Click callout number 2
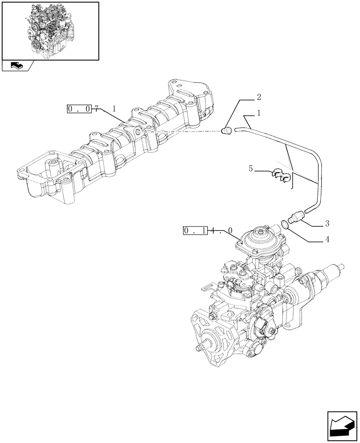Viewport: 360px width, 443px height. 258,97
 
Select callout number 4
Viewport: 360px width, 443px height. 327,241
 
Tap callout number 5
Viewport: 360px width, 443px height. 251,169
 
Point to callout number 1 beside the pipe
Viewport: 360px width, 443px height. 258,114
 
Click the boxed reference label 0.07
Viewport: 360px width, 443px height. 79,109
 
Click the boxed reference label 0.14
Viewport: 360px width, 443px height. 195,231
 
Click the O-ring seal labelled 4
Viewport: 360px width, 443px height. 286,225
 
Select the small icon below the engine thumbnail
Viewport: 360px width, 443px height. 16,66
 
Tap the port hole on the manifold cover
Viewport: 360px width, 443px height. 139,132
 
